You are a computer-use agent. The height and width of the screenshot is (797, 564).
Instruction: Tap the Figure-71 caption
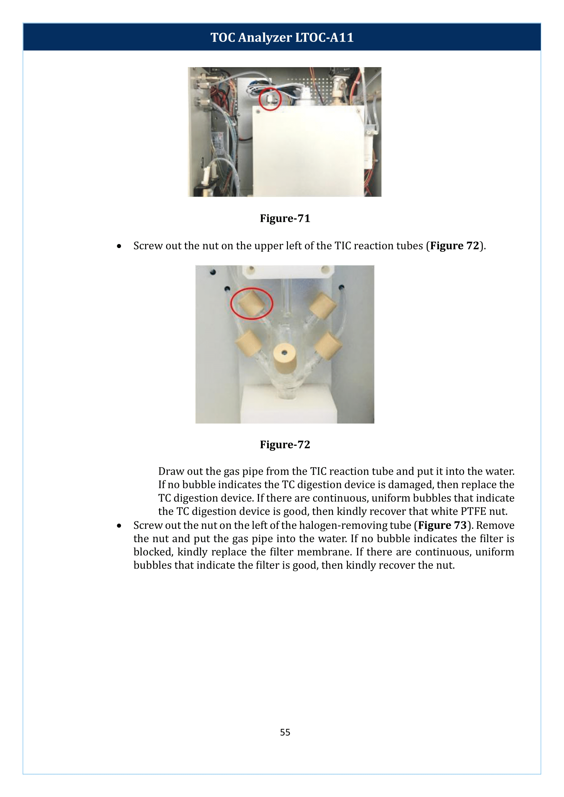pos(285,218)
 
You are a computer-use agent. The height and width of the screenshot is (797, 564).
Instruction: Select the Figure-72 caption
pos(285,445)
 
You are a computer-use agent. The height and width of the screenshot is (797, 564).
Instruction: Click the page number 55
pos(285,732)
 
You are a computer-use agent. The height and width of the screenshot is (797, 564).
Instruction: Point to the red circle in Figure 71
pos(270,99)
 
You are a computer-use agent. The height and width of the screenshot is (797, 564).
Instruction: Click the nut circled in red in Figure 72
pos(251,303)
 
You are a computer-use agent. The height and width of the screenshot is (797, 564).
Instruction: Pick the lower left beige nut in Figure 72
pos(249,343)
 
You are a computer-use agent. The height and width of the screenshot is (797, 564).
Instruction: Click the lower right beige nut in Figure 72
pos(327,346)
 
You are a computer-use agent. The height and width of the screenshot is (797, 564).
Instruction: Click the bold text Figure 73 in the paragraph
pos(442,525)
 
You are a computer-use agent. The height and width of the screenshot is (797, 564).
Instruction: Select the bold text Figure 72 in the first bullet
pos(455,246)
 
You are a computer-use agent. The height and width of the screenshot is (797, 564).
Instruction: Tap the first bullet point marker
pos(119,246)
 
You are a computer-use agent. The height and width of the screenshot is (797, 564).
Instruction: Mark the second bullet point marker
pos(119,526)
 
